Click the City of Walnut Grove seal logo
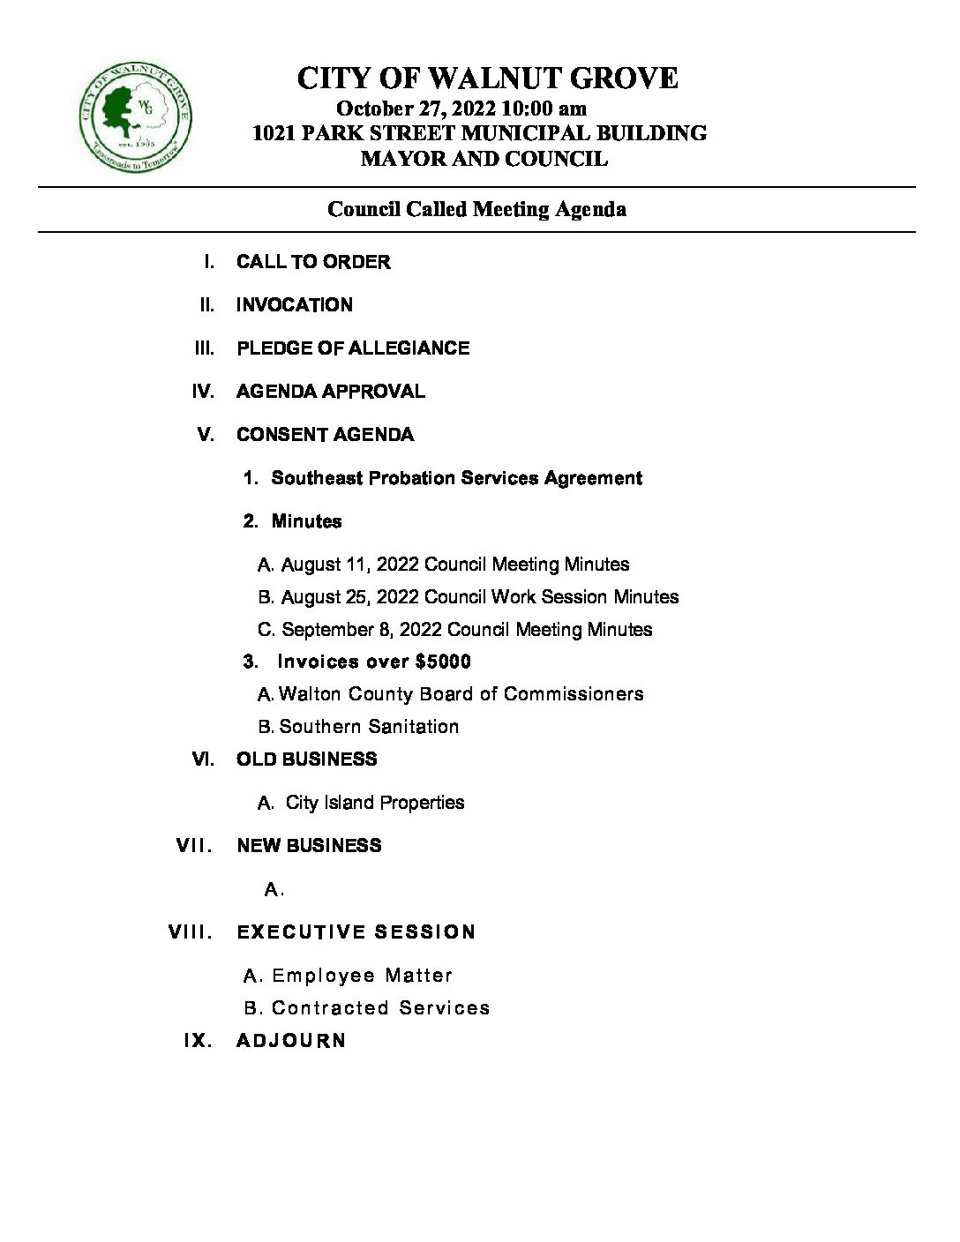[135, 118]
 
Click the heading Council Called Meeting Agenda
[476, 209]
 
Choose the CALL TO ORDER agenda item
[313, 262]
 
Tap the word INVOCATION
[295, 305]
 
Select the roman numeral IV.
[203, 392]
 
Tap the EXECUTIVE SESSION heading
[356, 932]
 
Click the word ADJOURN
[291, 1041]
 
